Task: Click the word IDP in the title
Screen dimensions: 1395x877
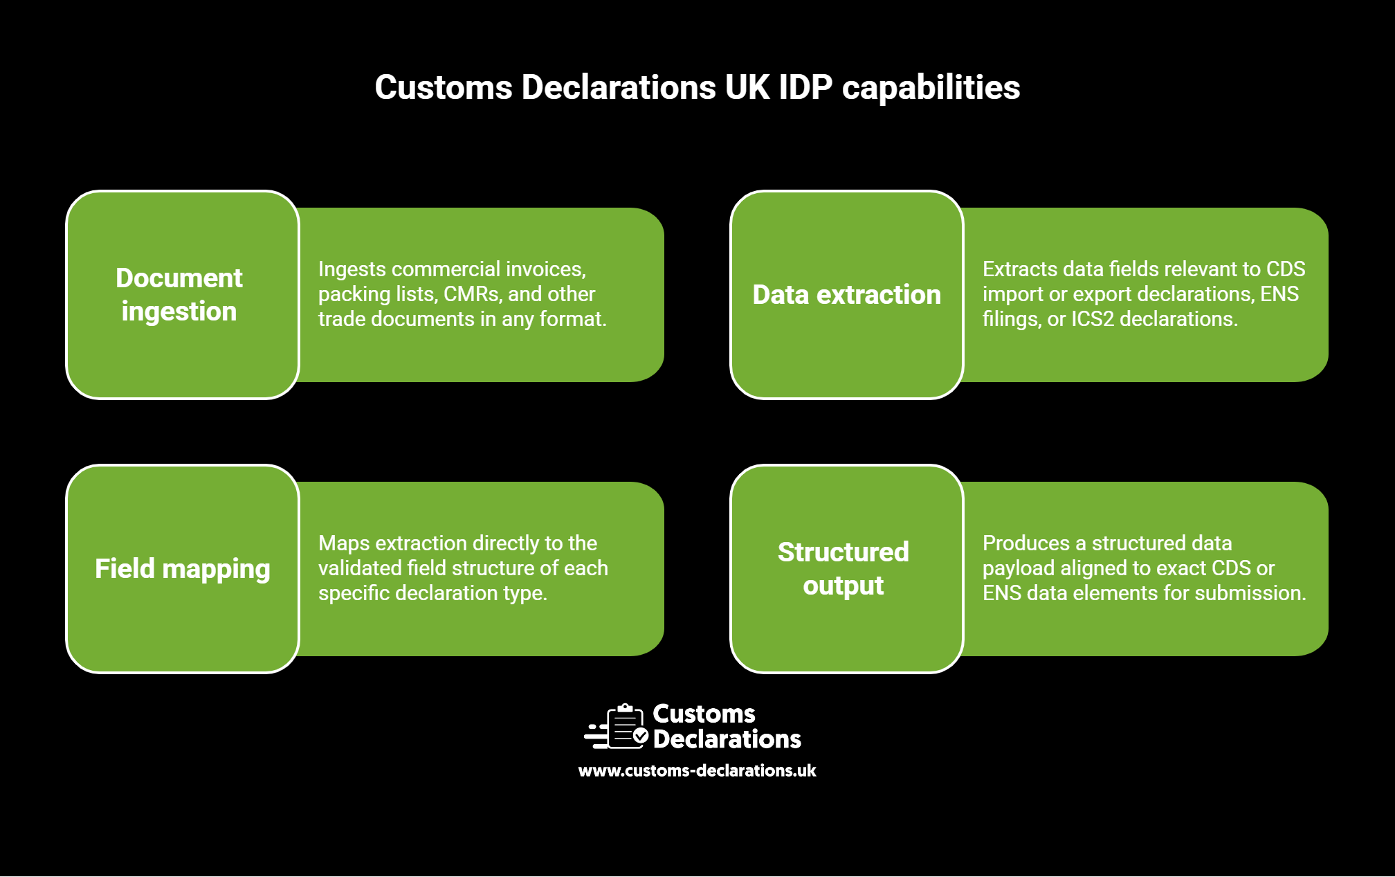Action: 805,88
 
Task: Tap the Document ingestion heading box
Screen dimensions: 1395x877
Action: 183,295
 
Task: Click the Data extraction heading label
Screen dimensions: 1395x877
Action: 847,295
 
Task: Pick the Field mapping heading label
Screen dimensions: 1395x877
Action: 183,569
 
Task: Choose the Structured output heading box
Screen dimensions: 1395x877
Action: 847,569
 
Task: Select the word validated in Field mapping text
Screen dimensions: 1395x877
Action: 360,568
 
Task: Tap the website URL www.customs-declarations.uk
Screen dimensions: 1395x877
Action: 697,770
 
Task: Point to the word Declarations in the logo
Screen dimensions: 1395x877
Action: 727,739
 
